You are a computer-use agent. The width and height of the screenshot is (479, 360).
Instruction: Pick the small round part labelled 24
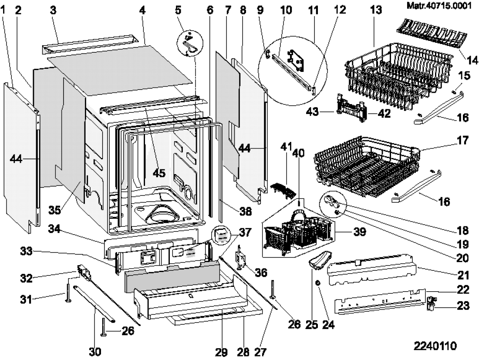coord(317,283)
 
